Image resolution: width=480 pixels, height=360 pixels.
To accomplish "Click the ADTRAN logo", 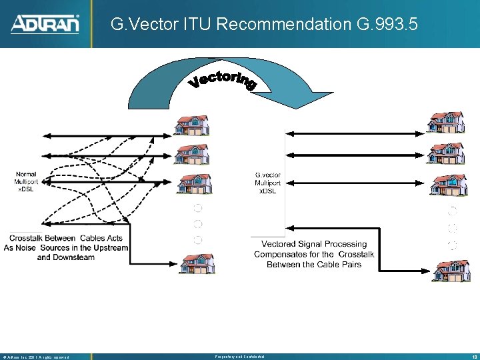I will pos(45,24).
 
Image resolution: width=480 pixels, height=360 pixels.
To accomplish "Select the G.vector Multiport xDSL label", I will pos(267,183).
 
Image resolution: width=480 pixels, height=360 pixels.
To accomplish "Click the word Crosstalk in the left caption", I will pos(33,238).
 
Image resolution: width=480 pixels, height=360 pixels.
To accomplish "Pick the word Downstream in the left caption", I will pos(75,257).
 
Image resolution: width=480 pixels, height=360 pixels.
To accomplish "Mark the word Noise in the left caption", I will pos(29,247).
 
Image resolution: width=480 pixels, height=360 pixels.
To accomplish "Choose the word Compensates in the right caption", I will pos(281,254).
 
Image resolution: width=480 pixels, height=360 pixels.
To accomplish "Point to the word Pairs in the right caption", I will pos(349,264).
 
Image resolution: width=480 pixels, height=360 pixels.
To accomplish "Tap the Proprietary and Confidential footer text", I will pos(240,357).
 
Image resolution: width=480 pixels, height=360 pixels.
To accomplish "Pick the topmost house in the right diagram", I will pos(445,122).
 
